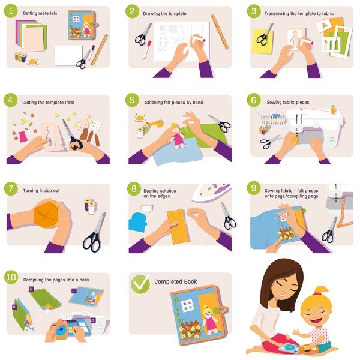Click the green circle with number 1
coord(11,11)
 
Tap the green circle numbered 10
coord(11,277)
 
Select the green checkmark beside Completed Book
coord(140,284)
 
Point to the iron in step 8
coord(211,192)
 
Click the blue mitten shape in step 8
coord(137,222)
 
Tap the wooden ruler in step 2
coord(220,32)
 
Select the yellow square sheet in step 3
coord(263,41)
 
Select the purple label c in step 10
coord(73,291)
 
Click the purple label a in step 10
coord(14,307)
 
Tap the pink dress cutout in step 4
coord(23,136)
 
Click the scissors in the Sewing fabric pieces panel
coord(271,141)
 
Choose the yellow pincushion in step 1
coord(33,62)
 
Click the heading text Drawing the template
coord(164,14)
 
